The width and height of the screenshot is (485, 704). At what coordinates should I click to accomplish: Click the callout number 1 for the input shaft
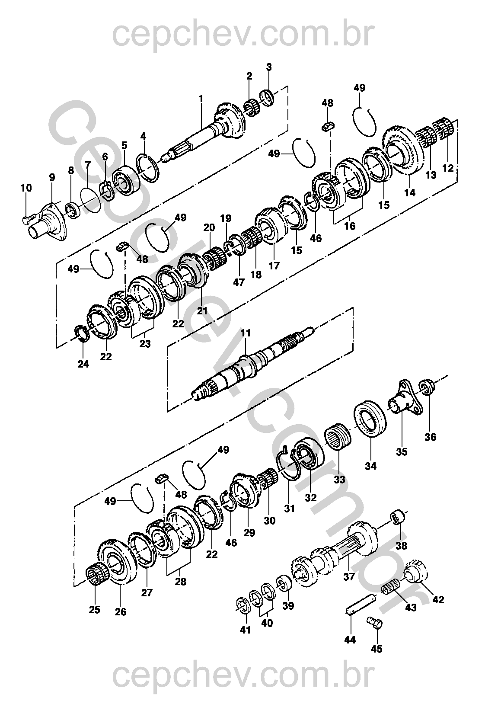(x=201, y=99)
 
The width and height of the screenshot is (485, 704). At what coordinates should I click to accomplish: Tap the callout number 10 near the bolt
(x=26, y=188)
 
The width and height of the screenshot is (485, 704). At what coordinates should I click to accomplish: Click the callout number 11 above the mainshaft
(x=246, y=333)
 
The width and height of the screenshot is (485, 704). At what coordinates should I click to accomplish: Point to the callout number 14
(x=410, y=193)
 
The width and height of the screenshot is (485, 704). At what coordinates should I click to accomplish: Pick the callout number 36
(x=431, y=437)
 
